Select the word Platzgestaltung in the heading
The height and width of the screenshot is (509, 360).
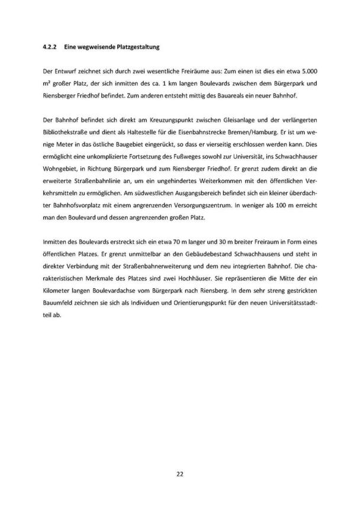(140, 46)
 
